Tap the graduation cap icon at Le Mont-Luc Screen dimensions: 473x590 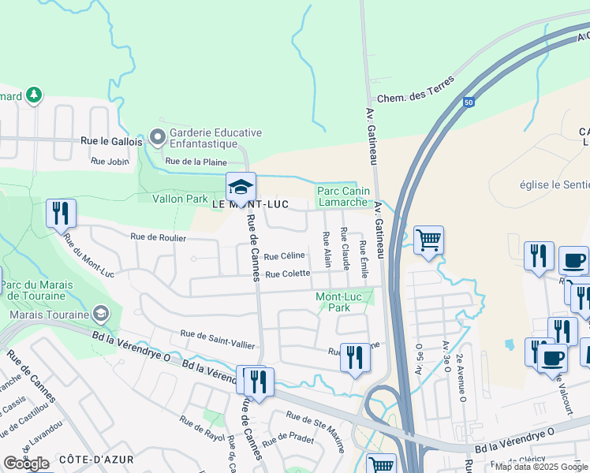(241, 188)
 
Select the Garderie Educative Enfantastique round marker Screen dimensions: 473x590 (158, 138)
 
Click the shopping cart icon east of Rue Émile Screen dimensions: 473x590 (428, 239)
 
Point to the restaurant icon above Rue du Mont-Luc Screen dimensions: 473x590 (61, 212)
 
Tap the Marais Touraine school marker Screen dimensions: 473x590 (100, 315)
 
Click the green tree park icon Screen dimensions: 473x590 (33, 96)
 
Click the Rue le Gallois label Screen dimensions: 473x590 (112, 142)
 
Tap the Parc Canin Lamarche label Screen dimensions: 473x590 (342, 196)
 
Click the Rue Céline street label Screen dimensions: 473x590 (284, 256)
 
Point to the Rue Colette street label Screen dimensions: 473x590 (287, 274)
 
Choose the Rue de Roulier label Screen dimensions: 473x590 (159, 237)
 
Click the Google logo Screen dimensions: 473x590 (26, 464)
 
